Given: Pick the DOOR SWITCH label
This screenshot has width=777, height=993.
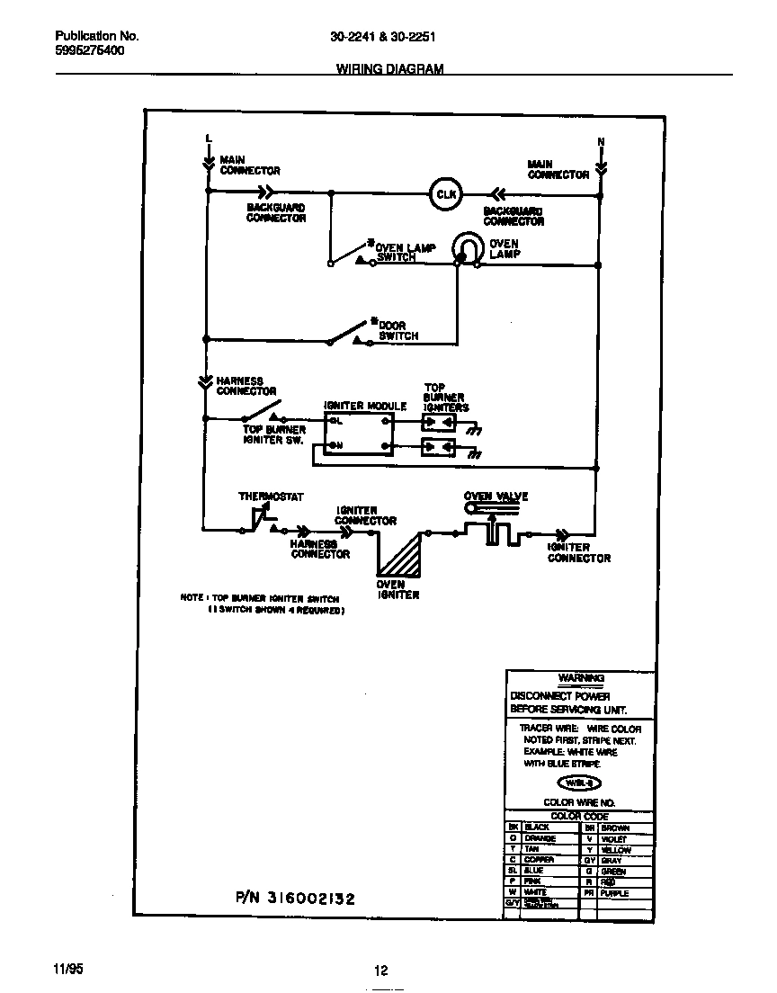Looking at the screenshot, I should coord(397,330).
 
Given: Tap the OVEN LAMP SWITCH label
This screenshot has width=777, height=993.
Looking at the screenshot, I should coord(404,252).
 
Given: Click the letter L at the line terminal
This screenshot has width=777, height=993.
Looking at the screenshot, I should coord(208,138).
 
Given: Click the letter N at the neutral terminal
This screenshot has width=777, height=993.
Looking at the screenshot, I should coord(601,142).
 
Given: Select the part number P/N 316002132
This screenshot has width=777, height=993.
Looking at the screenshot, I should coord(295,898).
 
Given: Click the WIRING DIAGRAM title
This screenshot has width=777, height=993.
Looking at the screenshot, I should coord(389,68).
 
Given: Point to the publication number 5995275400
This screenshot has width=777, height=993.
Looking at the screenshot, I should coord(90,50).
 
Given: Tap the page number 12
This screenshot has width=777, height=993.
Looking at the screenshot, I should coord(380,970).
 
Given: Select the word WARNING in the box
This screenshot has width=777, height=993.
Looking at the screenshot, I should coord(580,677).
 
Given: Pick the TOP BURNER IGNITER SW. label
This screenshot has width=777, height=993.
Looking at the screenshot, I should coord(274,434).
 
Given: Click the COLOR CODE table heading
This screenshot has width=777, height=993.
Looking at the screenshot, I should coord(579,816).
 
